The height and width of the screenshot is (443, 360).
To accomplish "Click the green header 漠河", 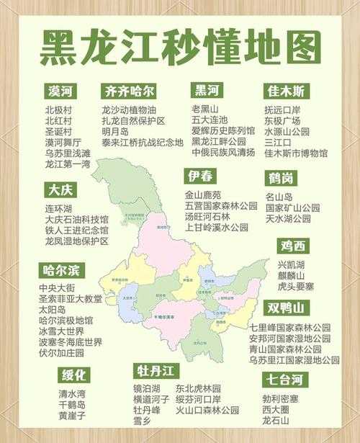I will (62, 91).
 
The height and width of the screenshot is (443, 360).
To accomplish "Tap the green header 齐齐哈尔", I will (129, 91).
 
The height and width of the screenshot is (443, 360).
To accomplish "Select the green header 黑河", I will (207, 91).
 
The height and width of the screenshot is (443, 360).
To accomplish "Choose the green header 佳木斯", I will (287, 91).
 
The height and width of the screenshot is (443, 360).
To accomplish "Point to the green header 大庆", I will (60, 191).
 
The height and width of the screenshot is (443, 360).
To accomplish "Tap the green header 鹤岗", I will (281, 178).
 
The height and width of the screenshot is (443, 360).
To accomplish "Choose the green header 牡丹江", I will (156, 371).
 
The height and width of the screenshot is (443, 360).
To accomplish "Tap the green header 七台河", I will (286, 380).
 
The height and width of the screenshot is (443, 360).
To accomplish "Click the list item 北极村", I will (58, 110).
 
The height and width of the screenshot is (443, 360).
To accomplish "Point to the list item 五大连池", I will (209, 120).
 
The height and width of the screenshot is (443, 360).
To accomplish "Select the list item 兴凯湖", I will (291, 264).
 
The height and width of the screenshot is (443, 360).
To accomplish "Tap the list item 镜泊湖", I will (148, 388).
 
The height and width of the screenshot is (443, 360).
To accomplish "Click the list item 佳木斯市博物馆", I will (296, 153).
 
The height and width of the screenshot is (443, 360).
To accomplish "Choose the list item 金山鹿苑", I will (203, 194).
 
